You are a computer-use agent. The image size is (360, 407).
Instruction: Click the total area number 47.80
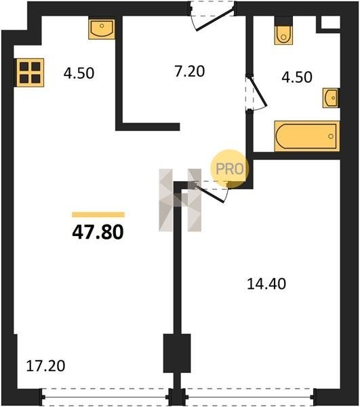click(98, 232)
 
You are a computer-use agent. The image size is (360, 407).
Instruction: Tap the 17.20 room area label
click(45, 366)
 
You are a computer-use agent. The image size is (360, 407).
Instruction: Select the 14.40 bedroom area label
click(266, 284)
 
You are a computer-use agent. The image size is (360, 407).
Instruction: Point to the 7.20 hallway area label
click(190, 71)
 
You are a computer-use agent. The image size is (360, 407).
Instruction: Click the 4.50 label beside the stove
click(79, 73)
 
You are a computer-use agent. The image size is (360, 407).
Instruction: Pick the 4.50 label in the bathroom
click(297, 77)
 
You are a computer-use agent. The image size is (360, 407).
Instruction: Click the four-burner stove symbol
click(30, 73)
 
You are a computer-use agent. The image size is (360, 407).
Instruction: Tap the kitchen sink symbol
click(102, 28)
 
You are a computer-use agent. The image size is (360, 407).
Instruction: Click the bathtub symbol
click(307, 136)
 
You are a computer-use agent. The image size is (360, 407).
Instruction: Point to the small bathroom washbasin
click(332, 98)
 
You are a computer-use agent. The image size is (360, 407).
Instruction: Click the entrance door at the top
click(212, 16)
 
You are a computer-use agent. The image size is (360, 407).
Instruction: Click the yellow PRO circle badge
click(229, 169)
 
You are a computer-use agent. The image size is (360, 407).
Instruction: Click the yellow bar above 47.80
click(98, 214)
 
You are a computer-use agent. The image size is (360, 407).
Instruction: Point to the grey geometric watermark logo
click(180, 200)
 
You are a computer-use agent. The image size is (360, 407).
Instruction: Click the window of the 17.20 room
click(105, 397)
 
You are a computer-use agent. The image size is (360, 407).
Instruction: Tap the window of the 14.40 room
click(250, 397)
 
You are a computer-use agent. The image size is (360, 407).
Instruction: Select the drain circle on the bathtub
click(331, 136)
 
